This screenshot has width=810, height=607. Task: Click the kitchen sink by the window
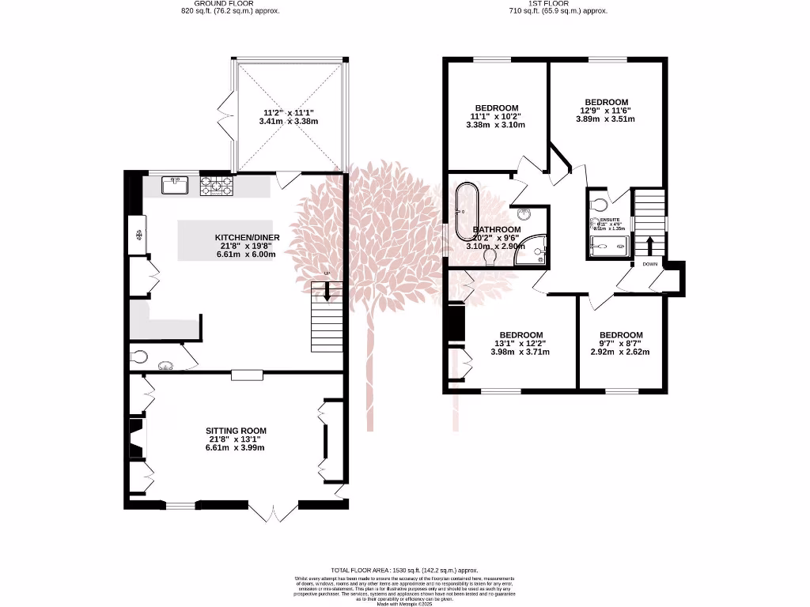point(173,185)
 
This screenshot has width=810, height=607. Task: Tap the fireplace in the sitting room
point(137,439)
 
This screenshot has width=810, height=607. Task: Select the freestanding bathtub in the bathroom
point(462,212)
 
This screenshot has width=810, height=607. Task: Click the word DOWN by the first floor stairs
point(649,264)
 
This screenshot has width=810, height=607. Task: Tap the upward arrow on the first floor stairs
point(649,244)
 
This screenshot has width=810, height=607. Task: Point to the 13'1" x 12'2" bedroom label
point(520,343)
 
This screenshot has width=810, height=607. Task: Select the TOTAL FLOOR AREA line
point(405,570)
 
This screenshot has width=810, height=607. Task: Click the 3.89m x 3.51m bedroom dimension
point(606,119)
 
